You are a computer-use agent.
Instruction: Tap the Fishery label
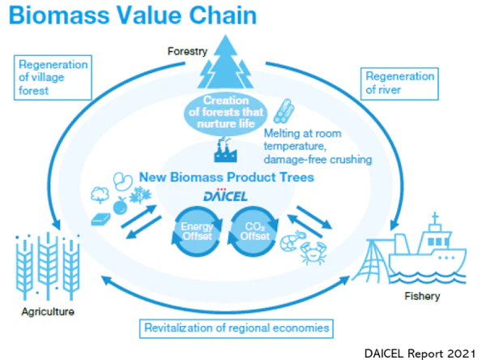click(421, 296)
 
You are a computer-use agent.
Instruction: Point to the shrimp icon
click(290, 238)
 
